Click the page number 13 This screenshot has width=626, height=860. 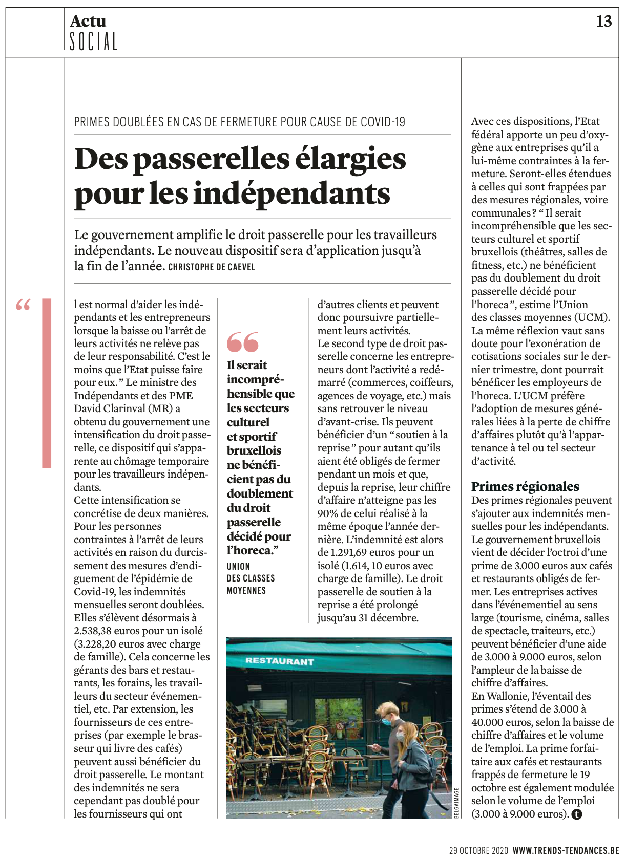pyautogui.click(x=604, y=21)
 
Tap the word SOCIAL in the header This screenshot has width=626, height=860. pyautogui.click(x=93, y=41)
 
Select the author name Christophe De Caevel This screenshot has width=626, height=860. pyautogui.click(x=211, y=267)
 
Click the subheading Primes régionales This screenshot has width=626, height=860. pyautogui.click(x=525, y=486)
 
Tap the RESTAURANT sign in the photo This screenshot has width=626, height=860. pyautogui.click(x=279, y=661)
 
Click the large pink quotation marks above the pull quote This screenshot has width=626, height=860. pyautogui.click(x=243, y=342)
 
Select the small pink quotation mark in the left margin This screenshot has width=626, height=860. pyautogui.click(x=23, y=306)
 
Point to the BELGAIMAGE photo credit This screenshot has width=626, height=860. pyautogui.click(x=457, y=803)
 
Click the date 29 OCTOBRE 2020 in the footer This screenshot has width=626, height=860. pyautogui.click(x=478, y=851)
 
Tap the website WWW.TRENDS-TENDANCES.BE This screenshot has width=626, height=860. pyautogui.click(x=566, y=851)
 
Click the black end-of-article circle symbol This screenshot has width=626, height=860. pyautogui.click(x=577, y=814)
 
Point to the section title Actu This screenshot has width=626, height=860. pyautogui.click(x=88, y=21)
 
